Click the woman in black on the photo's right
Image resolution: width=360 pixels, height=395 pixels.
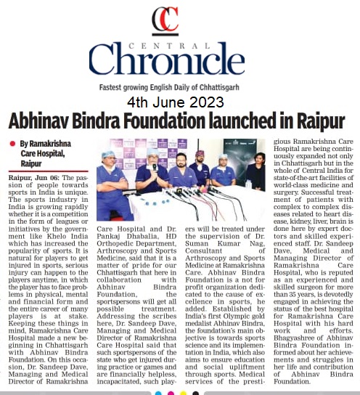[x=255, y=176]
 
